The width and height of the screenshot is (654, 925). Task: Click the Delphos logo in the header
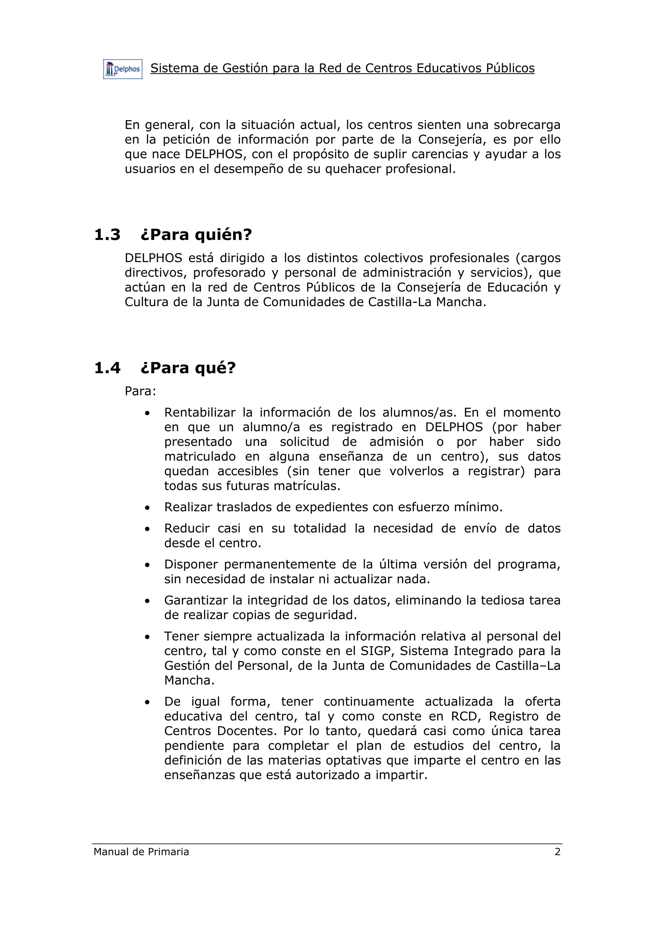point(123,69)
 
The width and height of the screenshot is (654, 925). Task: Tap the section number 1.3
point(107,235)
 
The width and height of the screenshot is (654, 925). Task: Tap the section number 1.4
point(107,368)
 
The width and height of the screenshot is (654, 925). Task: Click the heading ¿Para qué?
point(188,368)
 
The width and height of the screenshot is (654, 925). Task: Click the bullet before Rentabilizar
point(148,413)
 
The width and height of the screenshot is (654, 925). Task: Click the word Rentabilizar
point(200,412)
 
